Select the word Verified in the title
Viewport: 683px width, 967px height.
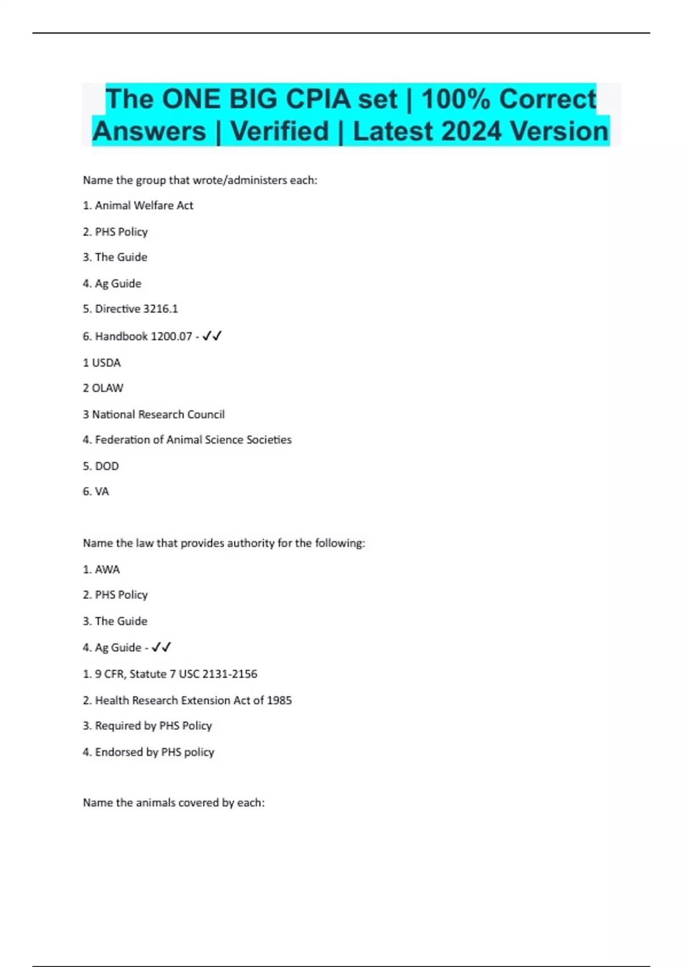point(279,131)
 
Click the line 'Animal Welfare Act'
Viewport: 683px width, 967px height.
point(144,205)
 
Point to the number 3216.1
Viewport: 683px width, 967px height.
point(161,309)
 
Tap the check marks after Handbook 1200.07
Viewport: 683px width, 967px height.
point(212,336)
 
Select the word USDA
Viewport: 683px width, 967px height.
point(106,362)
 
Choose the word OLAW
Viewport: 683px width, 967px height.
point(108,388)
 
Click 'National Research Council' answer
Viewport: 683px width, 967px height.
point(158,414)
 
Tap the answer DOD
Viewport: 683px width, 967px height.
point(107,466)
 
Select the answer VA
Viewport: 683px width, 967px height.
point(102,491)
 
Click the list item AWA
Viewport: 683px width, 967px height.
point(107,569)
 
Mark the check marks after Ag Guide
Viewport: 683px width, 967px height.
point(161,647)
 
